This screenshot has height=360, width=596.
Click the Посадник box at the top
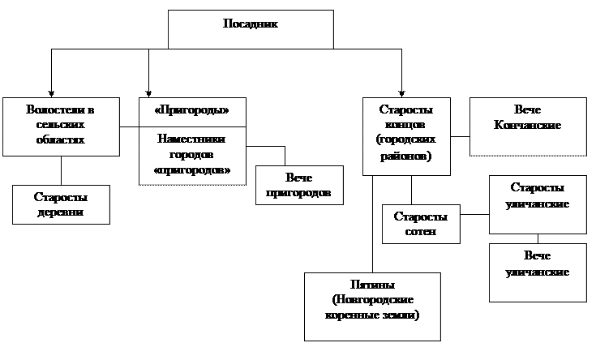coord(251,29)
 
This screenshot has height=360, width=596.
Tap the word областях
coord(61,140)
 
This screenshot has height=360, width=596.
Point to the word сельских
coord(61,125)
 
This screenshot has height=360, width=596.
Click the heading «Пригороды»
coord(191,109)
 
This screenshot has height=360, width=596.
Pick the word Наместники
coord(191,139)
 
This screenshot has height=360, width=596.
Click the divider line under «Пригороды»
coord(191,126)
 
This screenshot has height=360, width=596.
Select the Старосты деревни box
coord(61,204)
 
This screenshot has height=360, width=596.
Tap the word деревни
coord(61,212)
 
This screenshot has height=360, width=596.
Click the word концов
coord(405,125)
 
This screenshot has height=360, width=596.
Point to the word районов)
coord(405,156)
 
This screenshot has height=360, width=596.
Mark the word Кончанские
coord(527,126)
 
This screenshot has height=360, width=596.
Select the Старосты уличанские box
coord(537,195)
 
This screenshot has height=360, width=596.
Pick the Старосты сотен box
coord(420,224)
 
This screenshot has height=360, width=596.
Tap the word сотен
coord(420,232)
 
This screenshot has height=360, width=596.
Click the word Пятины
coord(372,285)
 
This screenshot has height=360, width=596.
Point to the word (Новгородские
coord(372,300)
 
